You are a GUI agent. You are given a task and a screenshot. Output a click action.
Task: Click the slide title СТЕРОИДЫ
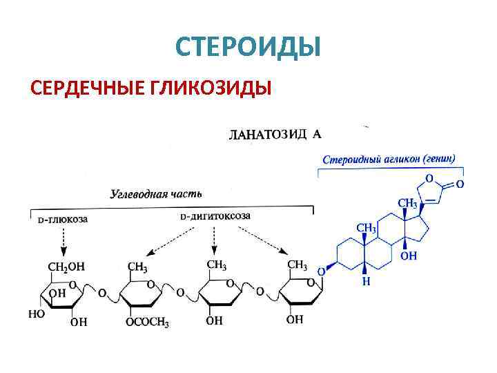(x=248, y=47)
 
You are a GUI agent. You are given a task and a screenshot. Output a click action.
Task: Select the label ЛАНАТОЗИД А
(x=275, y=134)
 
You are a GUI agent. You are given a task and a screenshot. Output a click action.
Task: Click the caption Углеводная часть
(x=156, y=193)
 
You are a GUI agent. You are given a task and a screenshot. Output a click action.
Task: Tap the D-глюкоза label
(x=63, y=219)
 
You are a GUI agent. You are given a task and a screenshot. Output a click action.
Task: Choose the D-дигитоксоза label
(x=215, y=216)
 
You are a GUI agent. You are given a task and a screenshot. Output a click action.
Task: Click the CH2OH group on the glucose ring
(x=66, y=266)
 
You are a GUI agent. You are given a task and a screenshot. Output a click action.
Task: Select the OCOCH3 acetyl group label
(x=147, y=322)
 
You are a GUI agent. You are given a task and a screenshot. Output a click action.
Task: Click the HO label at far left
(x=36, y=314)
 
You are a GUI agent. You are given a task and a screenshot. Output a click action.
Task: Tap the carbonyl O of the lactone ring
(x=460, y=184)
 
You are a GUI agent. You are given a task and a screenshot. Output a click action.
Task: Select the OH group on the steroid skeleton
(x=409, y=256)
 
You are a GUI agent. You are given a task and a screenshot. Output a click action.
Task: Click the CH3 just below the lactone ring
(x=407, y=203)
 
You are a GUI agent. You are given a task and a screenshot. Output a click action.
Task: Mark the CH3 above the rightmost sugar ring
(x=297, y=265)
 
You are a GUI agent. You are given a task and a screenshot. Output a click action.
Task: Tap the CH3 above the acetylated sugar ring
(x=137, y=266)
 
